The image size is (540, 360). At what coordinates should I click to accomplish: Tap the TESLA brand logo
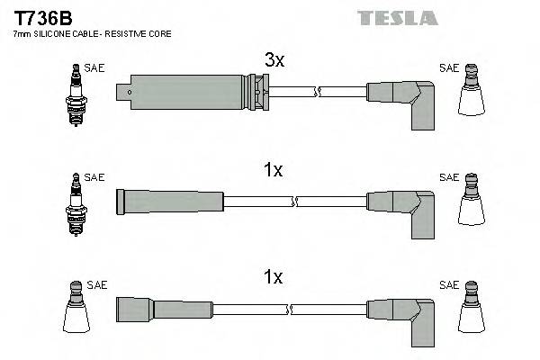click(x=397, y=17)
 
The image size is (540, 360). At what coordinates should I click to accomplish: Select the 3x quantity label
click(x=274, y=60)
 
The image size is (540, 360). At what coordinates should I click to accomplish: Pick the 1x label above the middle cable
click(x=274, y=170)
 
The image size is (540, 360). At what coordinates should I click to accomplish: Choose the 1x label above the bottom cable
click(x=274, y=280)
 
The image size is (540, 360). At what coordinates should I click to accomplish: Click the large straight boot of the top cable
click(x=193, y=90)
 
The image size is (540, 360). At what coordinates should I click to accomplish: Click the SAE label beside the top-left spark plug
click(x=94, y=67)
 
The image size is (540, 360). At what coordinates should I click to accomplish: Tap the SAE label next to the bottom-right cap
click(x=448, y=285)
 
